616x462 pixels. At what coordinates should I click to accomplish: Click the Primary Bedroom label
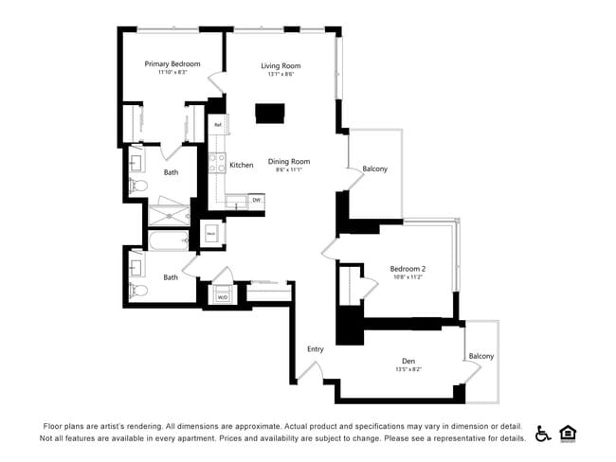click(x=172, y=63)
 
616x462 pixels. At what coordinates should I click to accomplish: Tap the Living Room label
click(x=281, y=65)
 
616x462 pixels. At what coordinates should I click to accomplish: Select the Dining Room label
click(x=289, y=162)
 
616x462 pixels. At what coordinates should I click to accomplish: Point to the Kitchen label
click(x=242, y=166)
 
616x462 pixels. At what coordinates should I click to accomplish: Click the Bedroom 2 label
click(x=408, y=268)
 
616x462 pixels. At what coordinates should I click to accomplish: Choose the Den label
click(x=408, y=361)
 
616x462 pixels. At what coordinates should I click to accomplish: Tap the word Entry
click(x=316, y=349)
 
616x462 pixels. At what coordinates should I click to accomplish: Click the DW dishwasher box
click(x=256, y=200)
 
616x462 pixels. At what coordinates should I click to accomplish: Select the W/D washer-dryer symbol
click(x=223, y=297)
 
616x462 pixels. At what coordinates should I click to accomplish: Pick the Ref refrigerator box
click(x=217, y=125)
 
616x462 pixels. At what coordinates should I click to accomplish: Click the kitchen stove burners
click(x=216, y=163)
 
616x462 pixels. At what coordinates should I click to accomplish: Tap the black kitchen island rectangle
click(x=270, y=114)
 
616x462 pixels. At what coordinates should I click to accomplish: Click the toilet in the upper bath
click(x=137, y=183)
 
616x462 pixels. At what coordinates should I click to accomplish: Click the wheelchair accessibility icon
click(x=543, y=434)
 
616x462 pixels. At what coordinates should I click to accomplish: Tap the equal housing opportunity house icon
click(x=569, y=433)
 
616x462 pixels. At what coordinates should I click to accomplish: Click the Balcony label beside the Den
click(x=481, y=356)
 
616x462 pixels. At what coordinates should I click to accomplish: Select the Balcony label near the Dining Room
click(x=374, y=169)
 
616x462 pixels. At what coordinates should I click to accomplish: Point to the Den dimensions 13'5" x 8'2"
click(x=408, y=370)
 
